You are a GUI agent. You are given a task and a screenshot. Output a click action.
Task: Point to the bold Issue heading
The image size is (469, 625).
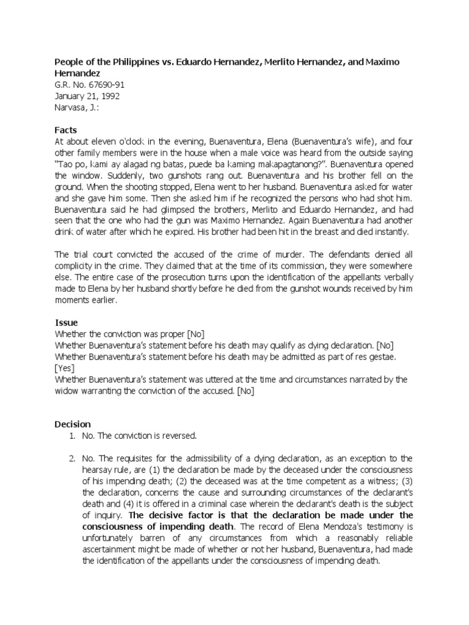coord(66,322)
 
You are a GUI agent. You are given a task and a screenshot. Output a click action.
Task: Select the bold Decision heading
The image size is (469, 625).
coord(73,424)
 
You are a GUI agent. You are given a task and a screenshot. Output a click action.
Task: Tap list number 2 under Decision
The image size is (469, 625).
coord(70,457)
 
